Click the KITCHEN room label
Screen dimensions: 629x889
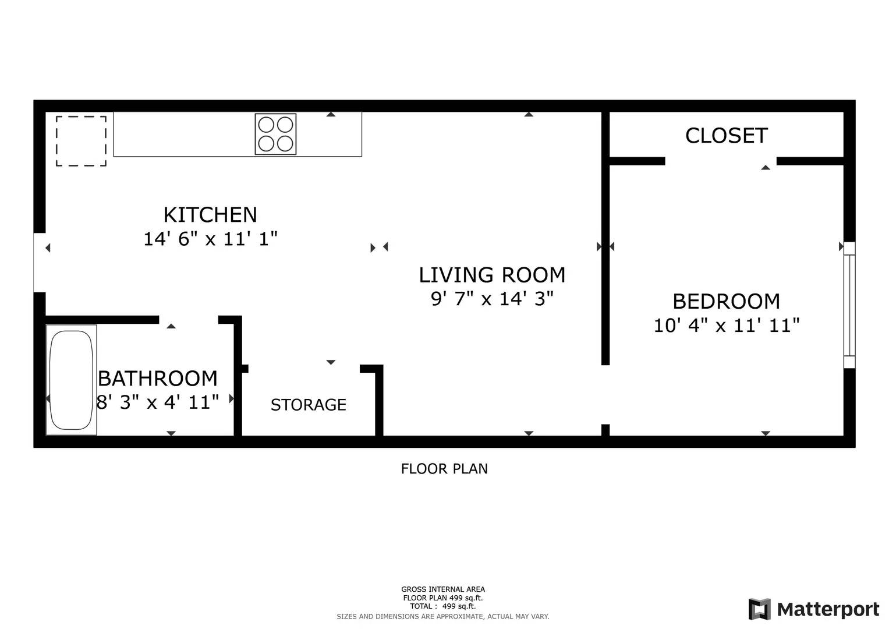pyautogui.click(x=210, y=215)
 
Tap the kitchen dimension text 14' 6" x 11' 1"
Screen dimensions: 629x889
pyautogui.click(x=210, y=239)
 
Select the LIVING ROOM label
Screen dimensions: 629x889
pyautogui.click(x=492, y=275)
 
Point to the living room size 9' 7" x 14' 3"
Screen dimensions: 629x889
pyautogui.click(x=492, y=299)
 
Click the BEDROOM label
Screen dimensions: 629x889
pyautogui.click(x=726, y=302)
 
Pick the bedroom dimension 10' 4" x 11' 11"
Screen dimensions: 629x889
pyautogui.click(x=726, y=326)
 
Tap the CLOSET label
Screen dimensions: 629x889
pyautogui.click(x=726, y=136)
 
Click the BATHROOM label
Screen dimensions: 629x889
pyautogui.click(x=158, y=379)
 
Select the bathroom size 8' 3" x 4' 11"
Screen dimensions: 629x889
pyautogui.click(x=158, y=402)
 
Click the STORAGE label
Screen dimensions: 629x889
pyautogui.click(x=308, y=405)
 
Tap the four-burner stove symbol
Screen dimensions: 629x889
pyautogui.click(x=275, y=134)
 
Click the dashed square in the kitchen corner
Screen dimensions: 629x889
pyautogui.click(x=81, y=141)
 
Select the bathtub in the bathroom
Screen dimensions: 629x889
pyautogui.click(x=71, y=380)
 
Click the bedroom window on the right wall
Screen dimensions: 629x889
pyautogui.click(x=849, y=305)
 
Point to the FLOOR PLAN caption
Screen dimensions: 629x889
pyautogui.click(x=444, y=469)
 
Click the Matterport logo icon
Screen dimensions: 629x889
pyautogui.click(x=759, y=609)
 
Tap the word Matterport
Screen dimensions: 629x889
pyautogui.click(x=828, y=610)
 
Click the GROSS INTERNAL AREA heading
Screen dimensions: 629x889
pyautogui.click(x=442, y=589)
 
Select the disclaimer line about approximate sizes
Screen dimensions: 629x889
pyautogui.click(x=442, y=616)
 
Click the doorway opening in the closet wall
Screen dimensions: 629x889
pyautogui.click(x=721, y=161)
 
